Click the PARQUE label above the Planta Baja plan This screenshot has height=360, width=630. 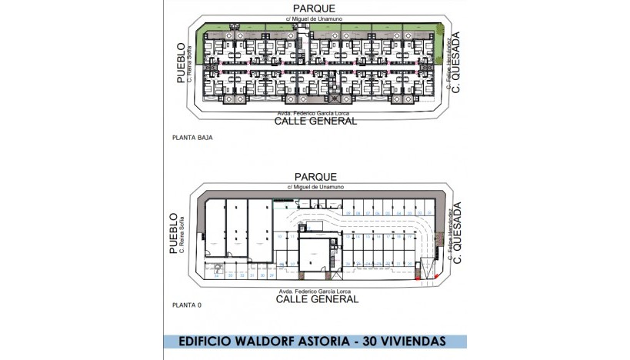315,8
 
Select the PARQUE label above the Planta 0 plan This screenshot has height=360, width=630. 315,176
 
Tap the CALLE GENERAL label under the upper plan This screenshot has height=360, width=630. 316,121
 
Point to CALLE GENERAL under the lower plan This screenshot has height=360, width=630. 316,299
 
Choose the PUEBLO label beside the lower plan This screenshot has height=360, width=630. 173,234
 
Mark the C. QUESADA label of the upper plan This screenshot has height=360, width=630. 456,62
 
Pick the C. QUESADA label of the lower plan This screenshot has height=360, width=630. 456,232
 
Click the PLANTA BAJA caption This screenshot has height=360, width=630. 192,138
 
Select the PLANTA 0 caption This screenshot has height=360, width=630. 187,305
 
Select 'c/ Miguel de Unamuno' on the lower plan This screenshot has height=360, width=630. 315,186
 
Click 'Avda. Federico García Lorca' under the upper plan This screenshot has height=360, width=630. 315,113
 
